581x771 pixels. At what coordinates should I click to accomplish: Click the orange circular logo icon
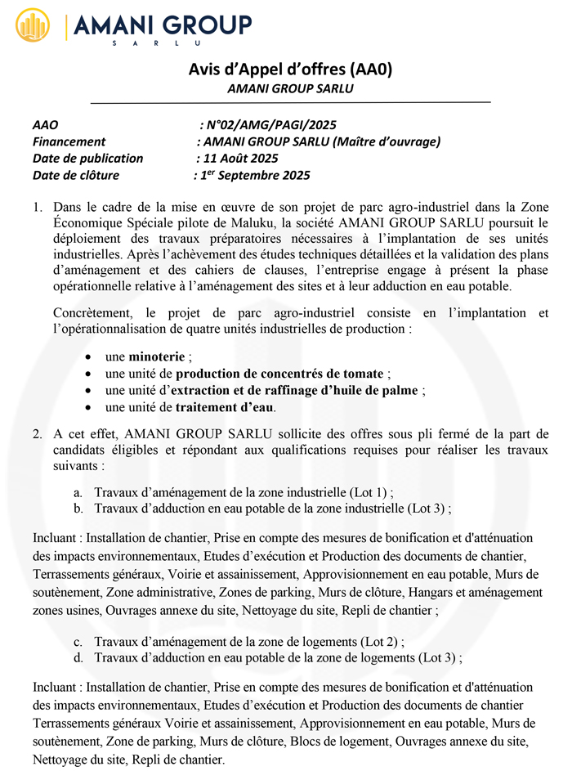[34, 26]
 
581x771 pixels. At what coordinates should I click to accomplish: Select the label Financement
[69, 141]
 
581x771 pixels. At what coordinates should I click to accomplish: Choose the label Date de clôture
[76, 175]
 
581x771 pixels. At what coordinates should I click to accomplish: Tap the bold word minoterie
[158, 356]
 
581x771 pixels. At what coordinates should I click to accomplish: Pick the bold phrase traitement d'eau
[225, 406]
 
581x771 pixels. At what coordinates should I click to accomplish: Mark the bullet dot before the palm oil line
[89, 390]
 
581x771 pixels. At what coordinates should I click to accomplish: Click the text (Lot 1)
[369, 492]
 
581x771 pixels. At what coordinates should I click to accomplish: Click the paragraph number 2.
[38, 433]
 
